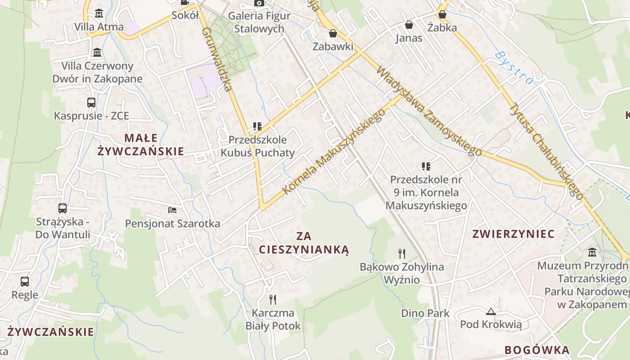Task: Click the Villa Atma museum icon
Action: (99, 13)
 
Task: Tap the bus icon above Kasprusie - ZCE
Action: (91, 103)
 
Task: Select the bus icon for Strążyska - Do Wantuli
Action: (63, 208)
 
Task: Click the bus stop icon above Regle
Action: (25, 282)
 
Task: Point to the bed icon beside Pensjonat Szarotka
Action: (172, 210)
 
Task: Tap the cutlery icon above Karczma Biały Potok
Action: (272, 299)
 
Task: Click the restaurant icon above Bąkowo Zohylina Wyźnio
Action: (402, 254)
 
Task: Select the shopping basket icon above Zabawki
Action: (333, 33)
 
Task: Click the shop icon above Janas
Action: (409, 25)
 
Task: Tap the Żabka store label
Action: (442, 27)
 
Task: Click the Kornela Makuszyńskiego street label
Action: (334, 152)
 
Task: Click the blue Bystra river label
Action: (513, 68)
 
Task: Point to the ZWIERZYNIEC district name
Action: (513, 234)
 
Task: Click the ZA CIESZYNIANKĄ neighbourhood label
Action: (304, 243)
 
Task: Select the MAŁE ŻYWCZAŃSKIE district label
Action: (140, 144)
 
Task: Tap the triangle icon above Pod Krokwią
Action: (490, 311)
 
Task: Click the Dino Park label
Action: (425, 313)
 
